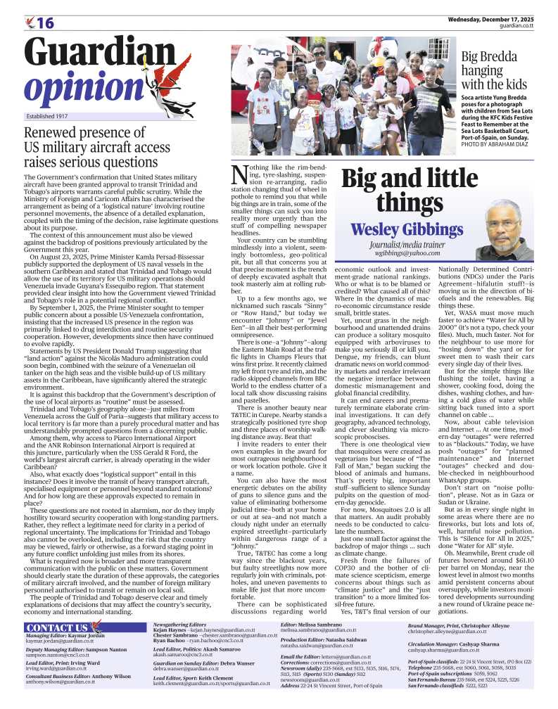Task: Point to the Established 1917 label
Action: tap(49, 115)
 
